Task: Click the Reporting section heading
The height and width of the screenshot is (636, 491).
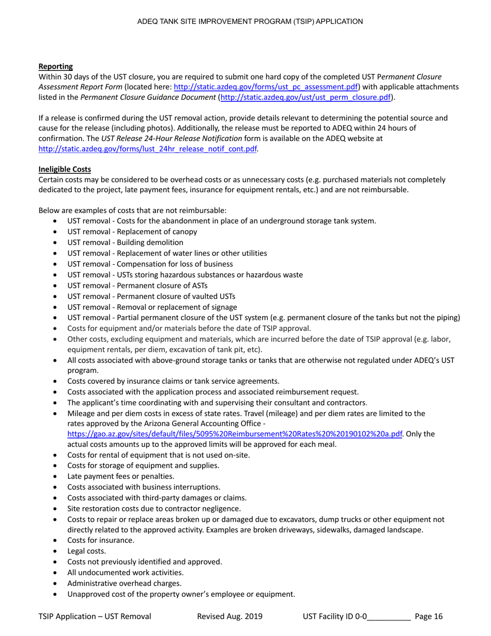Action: point(55,66)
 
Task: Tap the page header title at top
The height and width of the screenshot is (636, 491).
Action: point(250,22)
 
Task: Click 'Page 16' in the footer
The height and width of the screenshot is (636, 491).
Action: point(429,616)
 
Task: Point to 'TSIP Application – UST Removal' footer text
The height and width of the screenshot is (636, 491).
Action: point(95,616)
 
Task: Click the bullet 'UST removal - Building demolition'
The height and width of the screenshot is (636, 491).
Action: point(125,243)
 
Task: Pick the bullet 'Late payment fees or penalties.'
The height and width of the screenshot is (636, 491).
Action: point(120,476)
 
